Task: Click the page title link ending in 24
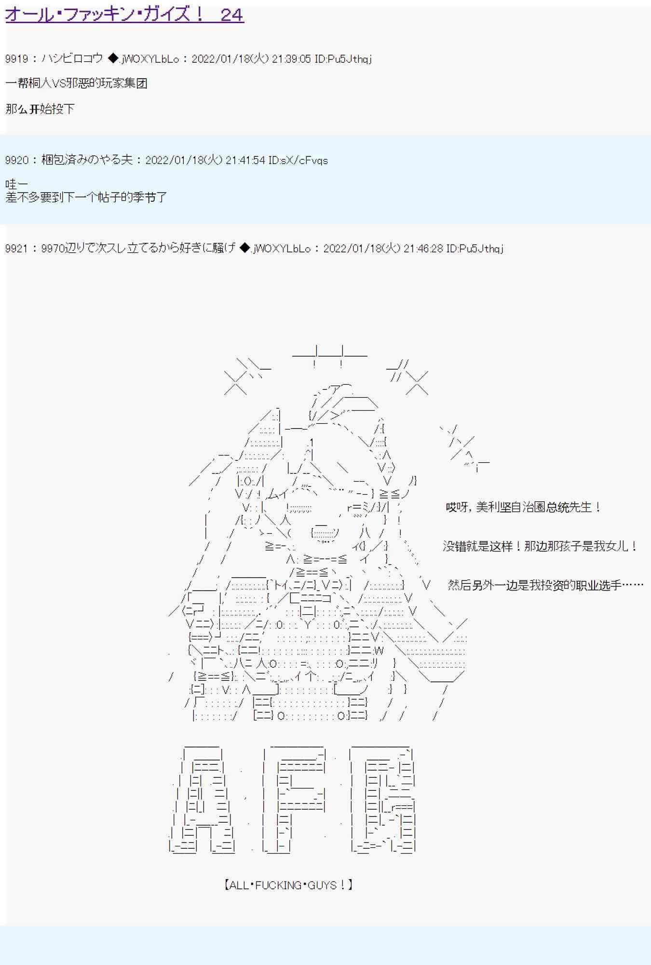(124, 14)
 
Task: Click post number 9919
(16, 59)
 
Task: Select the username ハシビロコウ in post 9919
(72, 59)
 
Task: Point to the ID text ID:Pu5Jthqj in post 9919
(343, 59)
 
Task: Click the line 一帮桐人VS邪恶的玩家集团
(76, 83)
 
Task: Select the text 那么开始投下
(40, 109)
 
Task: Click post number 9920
(16, 160)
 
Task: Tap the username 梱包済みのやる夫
(87, 160)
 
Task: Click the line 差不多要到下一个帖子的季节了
(86, 197)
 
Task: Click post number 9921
(16, 248)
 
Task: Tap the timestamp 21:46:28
(423, 248)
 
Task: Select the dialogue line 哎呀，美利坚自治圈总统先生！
(524, 507)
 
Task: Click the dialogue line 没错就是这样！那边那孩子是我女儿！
(541, 546)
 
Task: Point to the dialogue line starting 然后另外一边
(545, 585)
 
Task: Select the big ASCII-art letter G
(382, 800)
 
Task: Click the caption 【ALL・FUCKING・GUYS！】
(288, 885)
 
